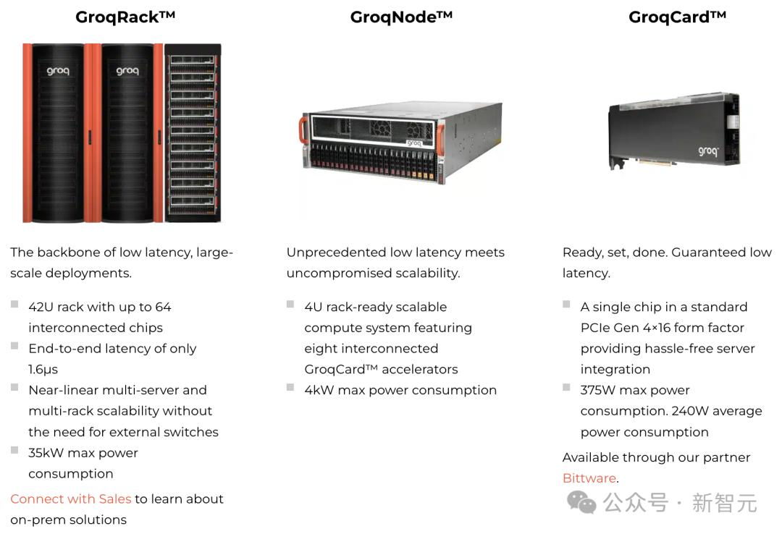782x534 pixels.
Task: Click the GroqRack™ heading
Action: point(125,17)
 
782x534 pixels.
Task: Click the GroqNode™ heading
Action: point(401,17)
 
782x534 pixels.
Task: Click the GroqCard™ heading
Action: point(677,17)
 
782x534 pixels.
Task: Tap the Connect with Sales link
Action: point(71,499)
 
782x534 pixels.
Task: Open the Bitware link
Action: point(589,478)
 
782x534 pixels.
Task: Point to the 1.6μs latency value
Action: point(43,370)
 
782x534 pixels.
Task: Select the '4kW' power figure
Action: point(319,390)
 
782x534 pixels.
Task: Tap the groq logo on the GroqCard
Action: point(708,151)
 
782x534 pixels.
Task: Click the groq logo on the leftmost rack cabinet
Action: point(58,71)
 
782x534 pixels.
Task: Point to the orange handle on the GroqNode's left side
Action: point(303,130)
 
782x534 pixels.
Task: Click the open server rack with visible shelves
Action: point(193,133)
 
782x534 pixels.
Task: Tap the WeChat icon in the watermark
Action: point(581,502)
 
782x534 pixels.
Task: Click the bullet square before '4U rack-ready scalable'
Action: point(290,304)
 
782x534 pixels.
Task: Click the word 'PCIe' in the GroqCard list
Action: point(593,328)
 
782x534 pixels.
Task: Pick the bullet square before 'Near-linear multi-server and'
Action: point(14,387)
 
